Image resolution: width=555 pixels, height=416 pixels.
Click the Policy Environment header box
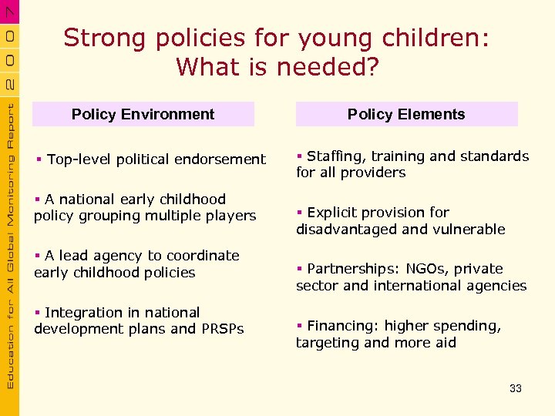pos(143,114)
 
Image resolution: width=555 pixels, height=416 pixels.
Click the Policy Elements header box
pos(406,114)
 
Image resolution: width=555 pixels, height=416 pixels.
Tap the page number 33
pos(516,388)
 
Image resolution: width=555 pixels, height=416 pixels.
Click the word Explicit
pos(331,213)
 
